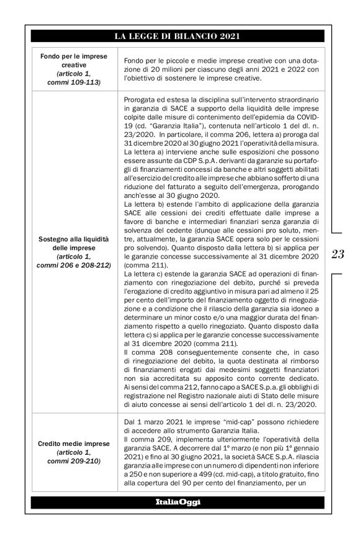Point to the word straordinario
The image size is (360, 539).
click(292, 100)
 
